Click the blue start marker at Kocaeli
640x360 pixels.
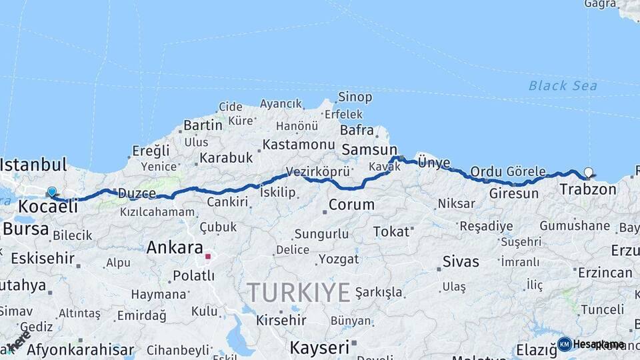pyautogui.click(x=52, y=192)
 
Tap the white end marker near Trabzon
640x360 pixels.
pyautogui.click(x=588, y=173)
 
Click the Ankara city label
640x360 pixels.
pyautogui.click(x=174, y=248)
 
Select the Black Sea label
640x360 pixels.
pyautogui.click(x=563, y=85)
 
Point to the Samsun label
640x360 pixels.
pyautogui.click(x=369, y=150)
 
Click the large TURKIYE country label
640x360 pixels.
pyautogui.click(x=299, y=293)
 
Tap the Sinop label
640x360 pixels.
pyautogui.click(x=355, y=97)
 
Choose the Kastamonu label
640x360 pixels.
pyautogui.click(x=298, y=145)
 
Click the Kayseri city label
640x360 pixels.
pyautogui.click(x=319, y=347)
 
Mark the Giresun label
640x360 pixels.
pyautogui.click(x=513, y=194)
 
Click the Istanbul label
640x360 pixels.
pyautogui.click(x=33, y=165)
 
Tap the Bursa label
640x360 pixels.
pyautogui.click(x=25, y=229)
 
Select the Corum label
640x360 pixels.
pyautogui.click(x=351, y=205)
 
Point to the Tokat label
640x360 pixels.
pyautogui.click(x=391, y=231)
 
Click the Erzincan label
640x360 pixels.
pyautogui.click(x=605, y=273)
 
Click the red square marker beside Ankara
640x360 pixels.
pyautogui.click(x=208, y=256)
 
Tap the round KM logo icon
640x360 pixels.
pyautogui.click(x=565, y=344)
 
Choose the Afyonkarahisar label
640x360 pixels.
pyautogui.click(x=80, y=349)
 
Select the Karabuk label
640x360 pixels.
pyautogui.click(x=226, y=158)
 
